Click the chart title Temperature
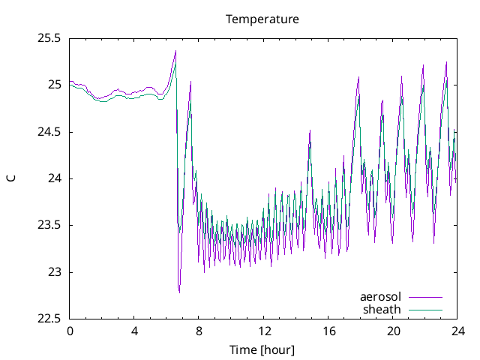tap(262, 19)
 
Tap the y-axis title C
tap(10, 178)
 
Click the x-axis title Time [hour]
tap(262, 349)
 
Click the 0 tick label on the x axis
tap(70, 331)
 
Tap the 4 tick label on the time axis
tap(134, 331)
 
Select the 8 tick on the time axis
tap(199, 331)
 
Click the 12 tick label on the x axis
tap(264, 331)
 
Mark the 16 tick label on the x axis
tap(328, 331)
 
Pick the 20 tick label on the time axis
tap(393, 331)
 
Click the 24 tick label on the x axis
tap(457, 331)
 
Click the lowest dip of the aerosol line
tap(178, 292)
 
